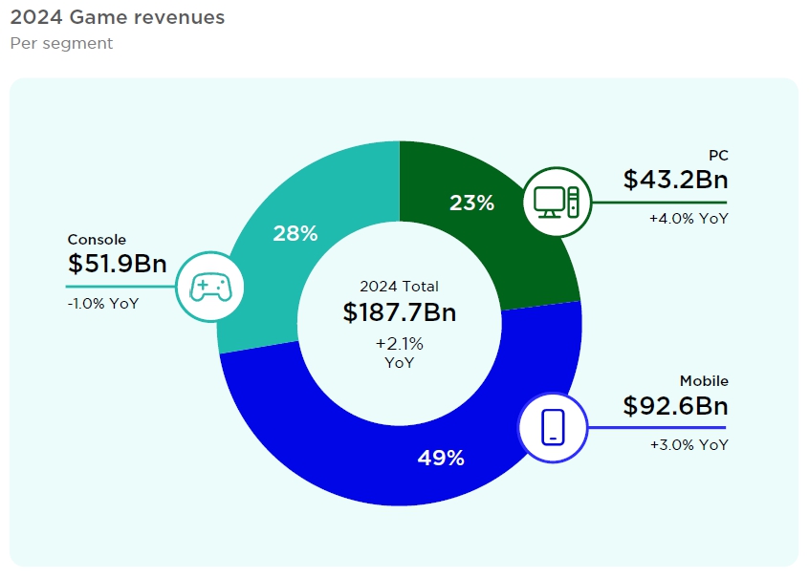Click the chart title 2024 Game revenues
coord(117,17)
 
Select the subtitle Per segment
coord(61,44)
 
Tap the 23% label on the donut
coord(471,203)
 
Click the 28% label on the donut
coord(295,233)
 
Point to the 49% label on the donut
coord(441,458)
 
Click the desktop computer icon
coord(557,202)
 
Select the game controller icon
coord(208,286)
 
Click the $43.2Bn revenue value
coord(674,180)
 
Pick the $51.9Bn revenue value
coord(118,264)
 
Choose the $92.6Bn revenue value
coord(674,405)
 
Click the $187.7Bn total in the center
coord(399,312)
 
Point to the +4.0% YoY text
coord(689,219)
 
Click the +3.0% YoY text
coord(689,444)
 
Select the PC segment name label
coord(718,156)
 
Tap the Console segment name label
coord(97,240)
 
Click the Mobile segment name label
coord(704,381)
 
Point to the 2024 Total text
coord(399,286)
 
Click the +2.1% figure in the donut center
coord(399,343)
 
